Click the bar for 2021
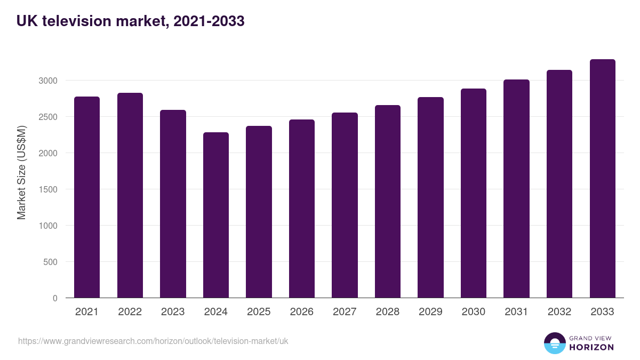(x=87, y=197)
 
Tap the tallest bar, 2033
(x=603, y=179)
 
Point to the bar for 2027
(x=345, y=205)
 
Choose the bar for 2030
(x=474, y=193)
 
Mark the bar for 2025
(x=259, y=212)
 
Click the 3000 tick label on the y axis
(x=47, y=81)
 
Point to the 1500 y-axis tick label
(x=47, y=189)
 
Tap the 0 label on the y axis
(x=55, y=299)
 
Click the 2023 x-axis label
(x=173, y=312)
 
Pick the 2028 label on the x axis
(x=388, y=312)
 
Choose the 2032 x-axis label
(x=559, y=312)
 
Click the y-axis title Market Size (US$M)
(x=21, y=172)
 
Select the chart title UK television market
(x=131, y=21)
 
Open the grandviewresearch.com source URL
(x=153, y=341)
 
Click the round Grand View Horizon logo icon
(x=555, y=343)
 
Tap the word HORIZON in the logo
(x=591, y=347)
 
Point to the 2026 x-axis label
(x=302, y=312)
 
